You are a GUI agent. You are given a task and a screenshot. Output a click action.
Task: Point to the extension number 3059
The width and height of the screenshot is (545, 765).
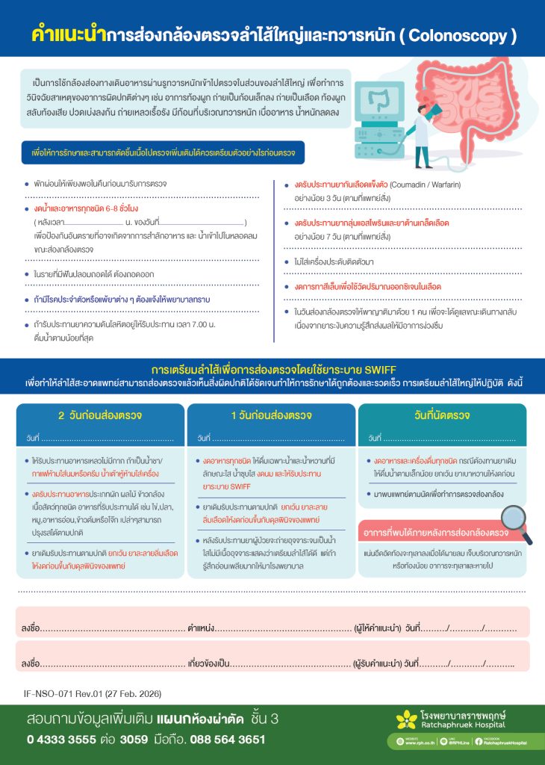pos(134,740)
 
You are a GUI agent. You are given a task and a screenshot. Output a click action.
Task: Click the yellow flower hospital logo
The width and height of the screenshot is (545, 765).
pos(405,719)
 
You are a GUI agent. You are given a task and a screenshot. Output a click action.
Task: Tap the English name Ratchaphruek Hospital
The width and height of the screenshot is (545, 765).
pos(461,725)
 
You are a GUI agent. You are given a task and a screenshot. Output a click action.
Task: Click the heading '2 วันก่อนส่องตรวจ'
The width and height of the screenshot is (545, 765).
pos(100,415)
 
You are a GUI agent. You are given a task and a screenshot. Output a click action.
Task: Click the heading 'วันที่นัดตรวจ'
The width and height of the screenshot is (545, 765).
pos(445,415)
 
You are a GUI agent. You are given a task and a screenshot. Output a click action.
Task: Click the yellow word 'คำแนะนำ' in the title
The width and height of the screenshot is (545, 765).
pos(68,34)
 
